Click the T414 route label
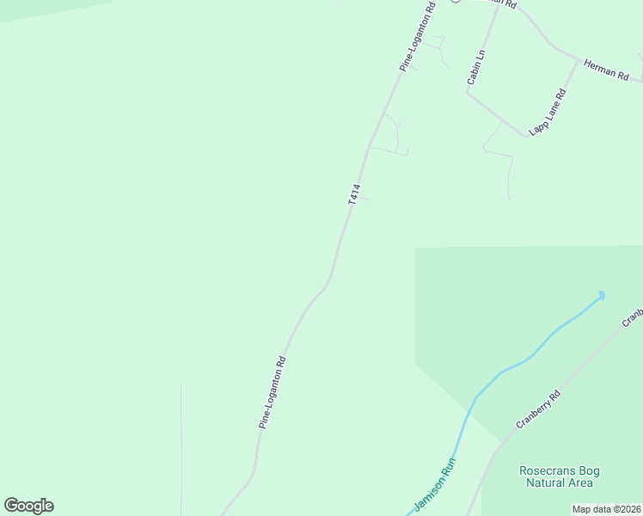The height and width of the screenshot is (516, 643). (353, 194)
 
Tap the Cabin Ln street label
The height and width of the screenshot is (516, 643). (476, 67)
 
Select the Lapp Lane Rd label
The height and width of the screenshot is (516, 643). (548, 113)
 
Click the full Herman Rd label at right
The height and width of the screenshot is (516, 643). (606, 70)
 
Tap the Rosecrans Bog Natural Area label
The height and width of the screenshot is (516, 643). (559, 476)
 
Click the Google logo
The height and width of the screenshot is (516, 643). (28, 506)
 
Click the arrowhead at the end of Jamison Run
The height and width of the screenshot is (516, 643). (601, 295)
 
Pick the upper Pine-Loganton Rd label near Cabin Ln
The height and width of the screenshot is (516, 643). (418, 36)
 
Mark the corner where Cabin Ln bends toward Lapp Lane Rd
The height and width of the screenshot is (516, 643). (468, 92)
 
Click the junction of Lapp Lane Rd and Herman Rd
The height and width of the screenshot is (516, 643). (578, 59)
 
